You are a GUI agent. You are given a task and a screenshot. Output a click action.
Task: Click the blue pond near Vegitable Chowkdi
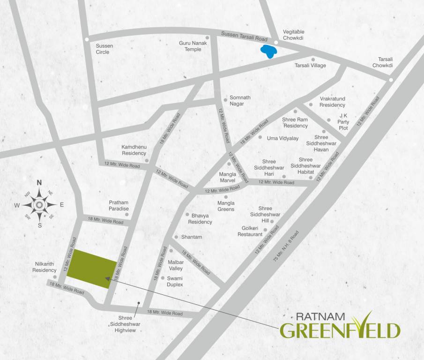268,52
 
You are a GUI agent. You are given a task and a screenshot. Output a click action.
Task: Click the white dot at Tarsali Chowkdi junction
391,80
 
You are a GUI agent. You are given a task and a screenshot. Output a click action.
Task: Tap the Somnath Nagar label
240,100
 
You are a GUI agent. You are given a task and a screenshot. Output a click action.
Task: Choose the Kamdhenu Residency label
134,150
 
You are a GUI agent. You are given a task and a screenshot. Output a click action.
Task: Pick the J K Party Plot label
343,122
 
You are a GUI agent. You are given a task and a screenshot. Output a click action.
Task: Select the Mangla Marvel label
228,177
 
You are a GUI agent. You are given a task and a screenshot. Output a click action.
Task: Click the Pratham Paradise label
119,205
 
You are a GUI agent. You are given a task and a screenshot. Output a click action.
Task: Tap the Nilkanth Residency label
45,267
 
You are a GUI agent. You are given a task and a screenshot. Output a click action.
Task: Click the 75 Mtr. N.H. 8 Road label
285,246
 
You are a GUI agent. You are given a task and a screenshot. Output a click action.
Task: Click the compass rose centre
39,204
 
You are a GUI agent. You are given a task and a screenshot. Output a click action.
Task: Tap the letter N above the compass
39,183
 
